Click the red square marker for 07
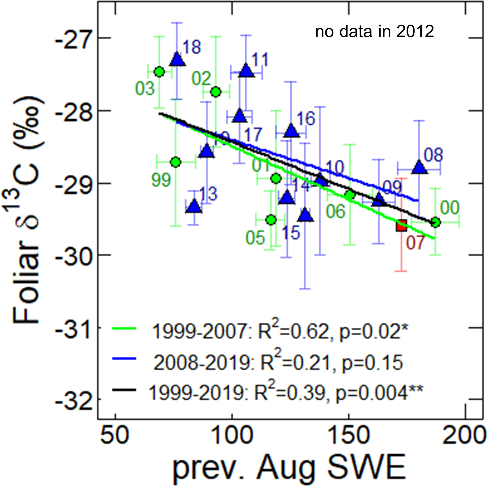coord(401,225)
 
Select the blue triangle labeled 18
coord(177,60)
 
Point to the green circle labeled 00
coord(435,222)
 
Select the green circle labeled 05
coord(271,220)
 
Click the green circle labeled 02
coord(216,92)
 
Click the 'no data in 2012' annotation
coord(375,32)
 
